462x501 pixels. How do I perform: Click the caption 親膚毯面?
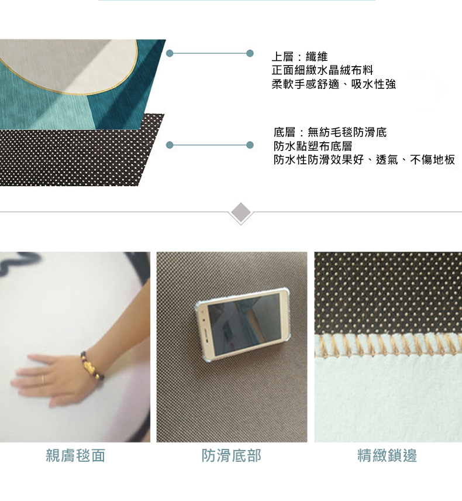click(x=75, y=456)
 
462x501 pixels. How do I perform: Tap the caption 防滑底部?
click(x=232, y=456)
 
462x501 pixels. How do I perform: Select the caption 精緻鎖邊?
click(x=388, y=456)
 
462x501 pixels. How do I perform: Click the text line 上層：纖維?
click(x=299, y=57)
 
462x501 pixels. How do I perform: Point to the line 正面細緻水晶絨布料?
click(x=323, y=70)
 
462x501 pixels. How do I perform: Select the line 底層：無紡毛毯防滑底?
click(x=330, y=132)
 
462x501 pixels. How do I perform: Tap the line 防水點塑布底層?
click(x=313, y=146)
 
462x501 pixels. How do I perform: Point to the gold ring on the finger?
click(x=42, y=380)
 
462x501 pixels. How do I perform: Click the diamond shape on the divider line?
click(x=241, y=212)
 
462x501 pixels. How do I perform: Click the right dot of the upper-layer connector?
click(x=250, y=54)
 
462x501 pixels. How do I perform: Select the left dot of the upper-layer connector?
click(x=170, y=54)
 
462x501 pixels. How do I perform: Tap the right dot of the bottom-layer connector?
click(x=250, y=145)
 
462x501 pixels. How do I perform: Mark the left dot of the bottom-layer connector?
click(x=170, y=145)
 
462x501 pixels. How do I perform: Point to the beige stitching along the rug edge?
click(x=388, y=345)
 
